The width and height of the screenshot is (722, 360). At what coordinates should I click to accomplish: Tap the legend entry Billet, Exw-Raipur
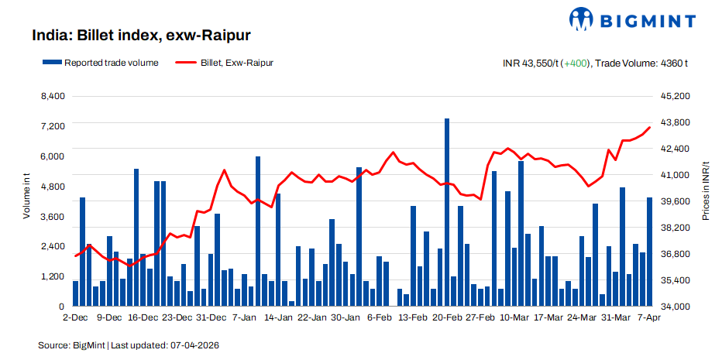pos(225,63)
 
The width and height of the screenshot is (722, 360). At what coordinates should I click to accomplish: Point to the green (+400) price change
pos(575,63)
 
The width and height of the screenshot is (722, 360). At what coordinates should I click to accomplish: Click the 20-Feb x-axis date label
pos(447,317)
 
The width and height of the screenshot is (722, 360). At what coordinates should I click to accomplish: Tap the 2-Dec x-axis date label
pos(76,317)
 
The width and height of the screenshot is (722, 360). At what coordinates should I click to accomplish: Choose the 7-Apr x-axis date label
pos(649,317)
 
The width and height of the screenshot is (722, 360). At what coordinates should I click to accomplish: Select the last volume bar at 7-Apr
pos(649,252)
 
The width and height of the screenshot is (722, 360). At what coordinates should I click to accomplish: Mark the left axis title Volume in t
pos(27,197)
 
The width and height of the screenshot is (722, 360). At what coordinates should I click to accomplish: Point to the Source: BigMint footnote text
pos(131,345)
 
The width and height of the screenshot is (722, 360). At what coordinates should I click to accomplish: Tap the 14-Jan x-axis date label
pos(279,317)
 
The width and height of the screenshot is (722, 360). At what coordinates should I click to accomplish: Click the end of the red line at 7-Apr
pos(649,128)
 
